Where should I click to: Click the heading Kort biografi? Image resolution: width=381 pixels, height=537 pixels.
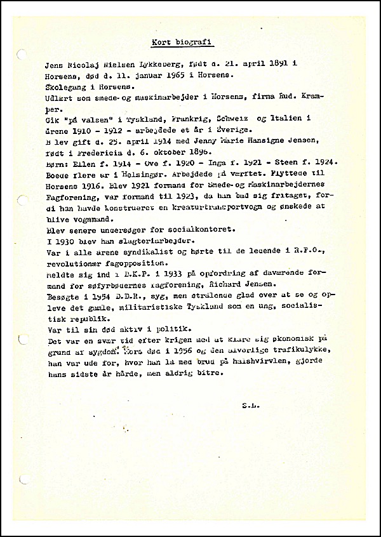[x=182, y=43]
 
